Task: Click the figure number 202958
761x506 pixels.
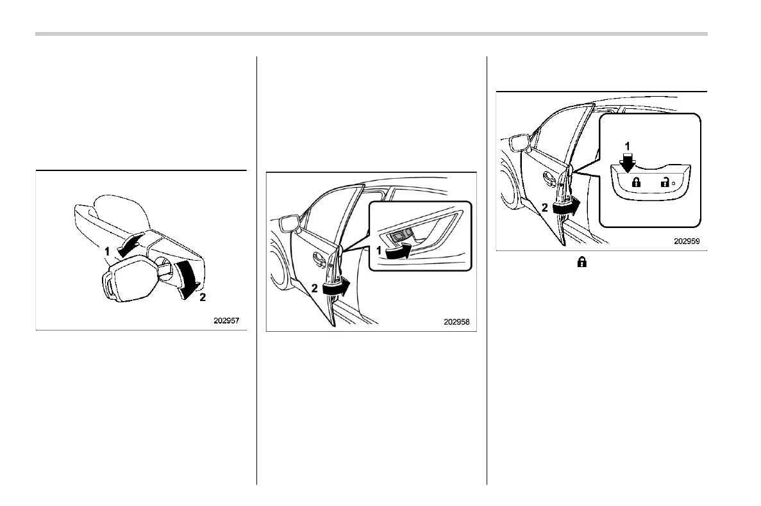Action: point(456,322)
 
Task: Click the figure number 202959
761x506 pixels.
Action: point(686,242)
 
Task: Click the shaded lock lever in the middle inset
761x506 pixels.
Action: point(399,236)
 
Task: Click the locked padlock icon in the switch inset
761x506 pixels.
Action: point(637,183)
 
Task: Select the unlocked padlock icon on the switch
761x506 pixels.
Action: point(664,183)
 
